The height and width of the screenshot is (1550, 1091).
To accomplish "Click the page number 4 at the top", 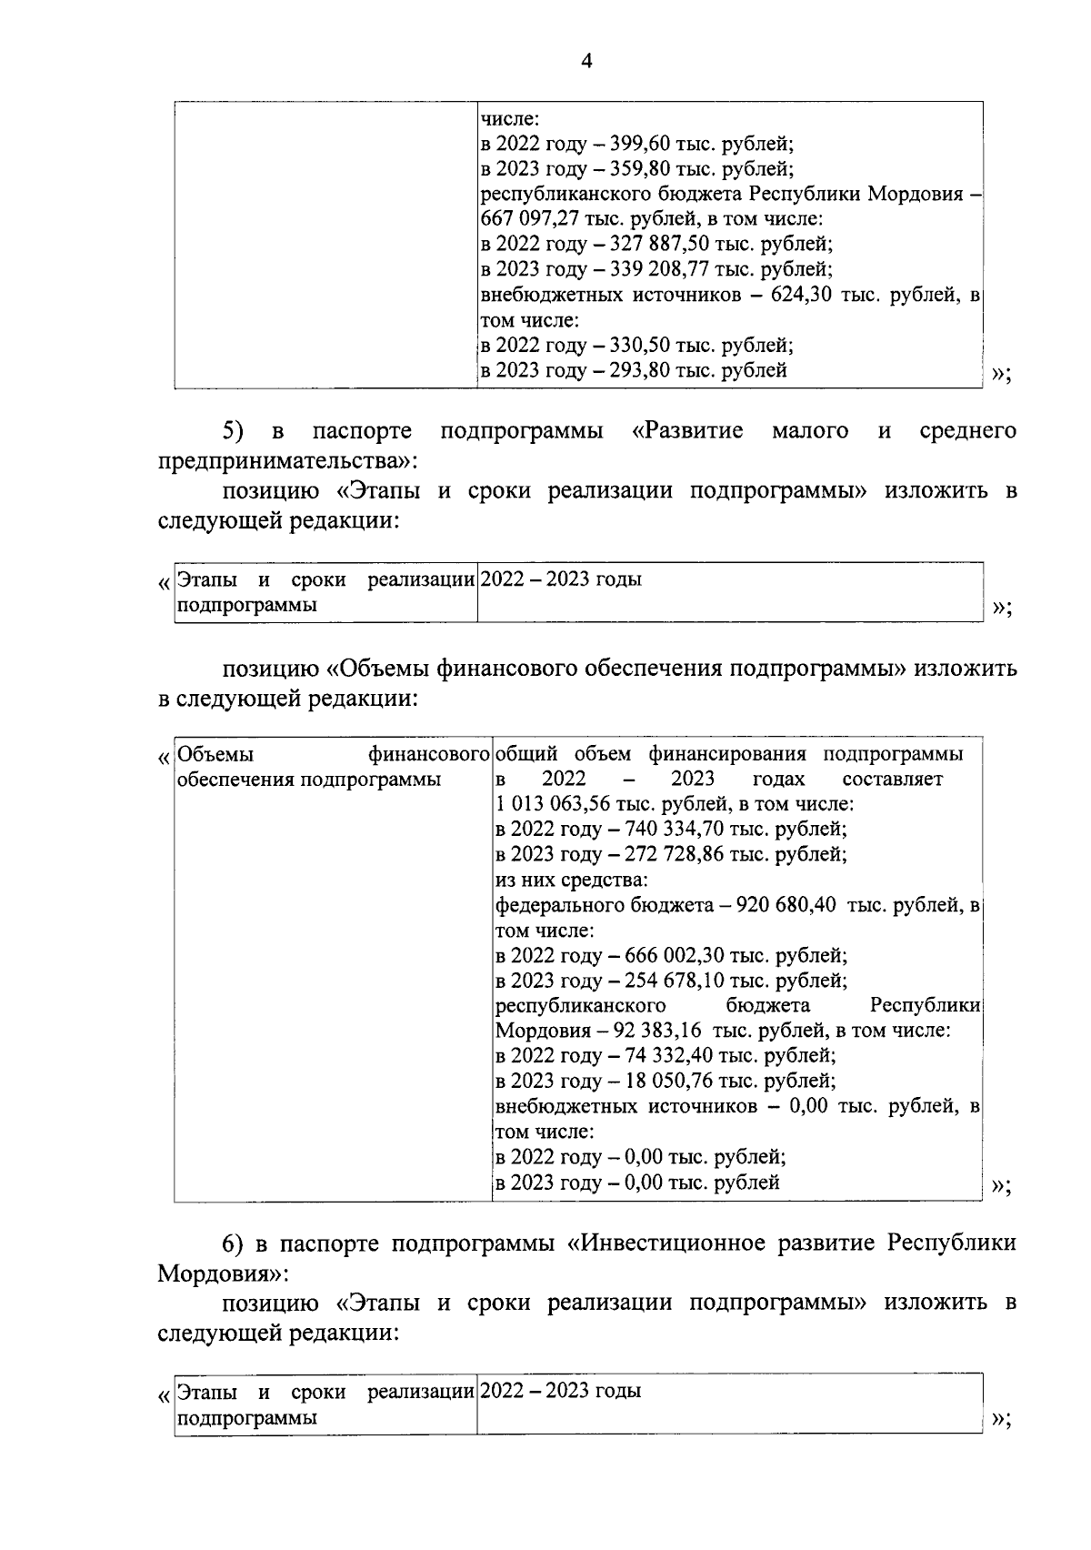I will tap(586, 62).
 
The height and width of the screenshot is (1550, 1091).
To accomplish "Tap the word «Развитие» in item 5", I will tap(687, 430).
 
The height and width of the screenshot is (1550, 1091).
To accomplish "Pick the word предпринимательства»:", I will tap(287, 461).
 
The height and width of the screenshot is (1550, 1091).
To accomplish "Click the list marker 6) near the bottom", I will tap(235, 1243).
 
